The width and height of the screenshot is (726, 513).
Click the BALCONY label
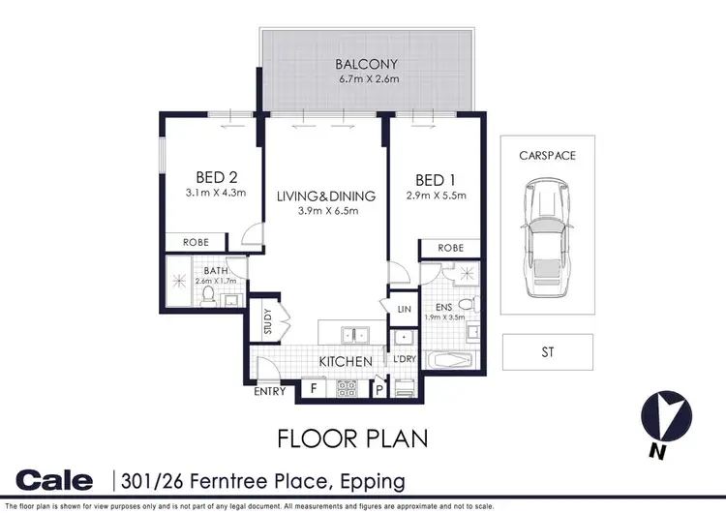click(367, 66)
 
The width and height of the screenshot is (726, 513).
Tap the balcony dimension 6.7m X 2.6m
click(367, 80)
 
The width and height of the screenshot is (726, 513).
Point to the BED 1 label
click(436, 180)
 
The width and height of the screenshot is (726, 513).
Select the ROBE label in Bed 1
click(451, 248)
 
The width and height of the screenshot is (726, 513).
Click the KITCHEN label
click(347, 362)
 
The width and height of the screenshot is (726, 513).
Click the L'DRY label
click(404, 361)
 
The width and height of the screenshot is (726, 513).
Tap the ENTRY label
click(269, 391)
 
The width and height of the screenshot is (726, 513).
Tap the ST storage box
click(547, 352)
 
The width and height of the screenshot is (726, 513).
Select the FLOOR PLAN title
click(352, 438)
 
